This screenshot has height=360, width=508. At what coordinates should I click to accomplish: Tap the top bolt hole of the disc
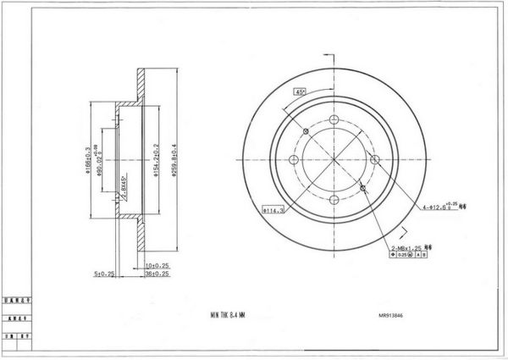(334, 120)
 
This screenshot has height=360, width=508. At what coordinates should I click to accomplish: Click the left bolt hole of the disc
(295, 159)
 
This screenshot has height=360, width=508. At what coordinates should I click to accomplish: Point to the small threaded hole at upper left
(306, 131)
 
